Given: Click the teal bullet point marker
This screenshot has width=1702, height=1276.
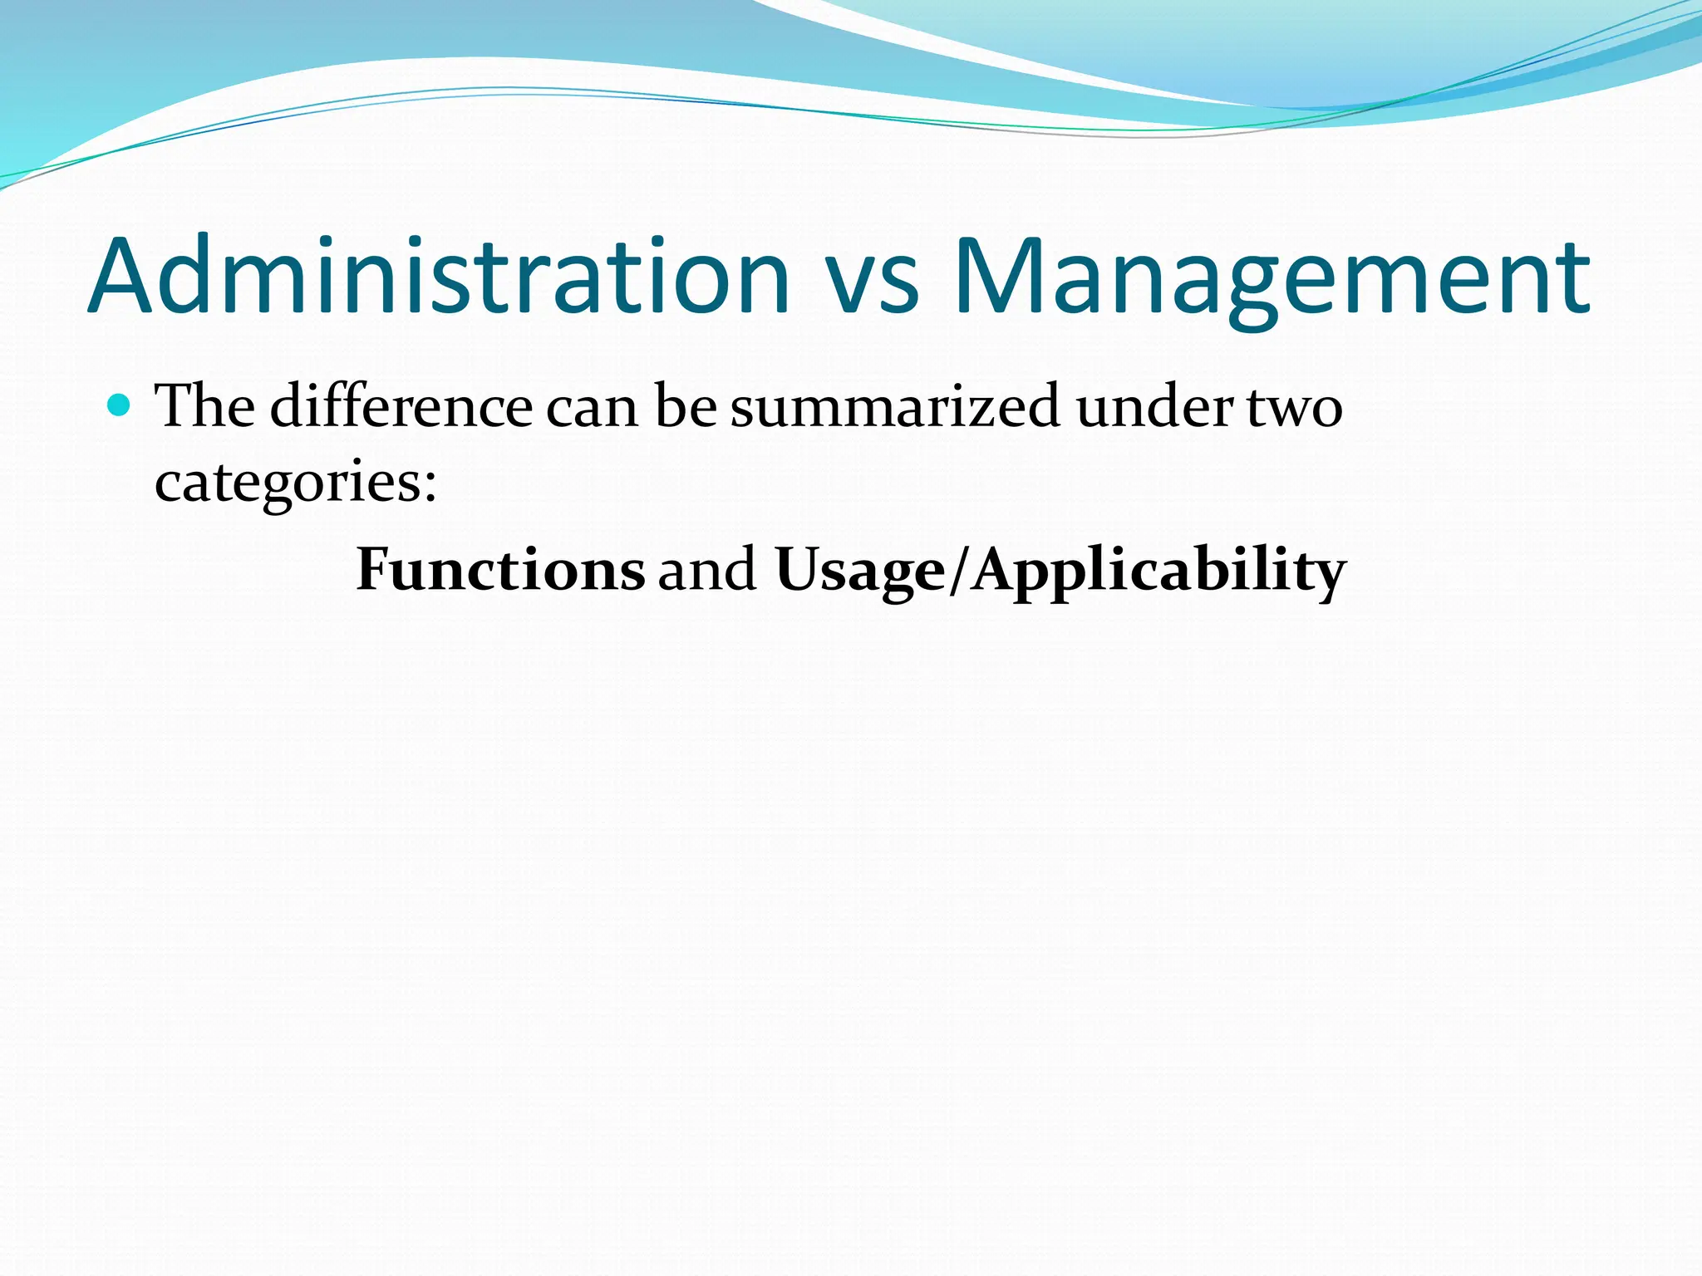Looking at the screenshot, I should tap(120, 405).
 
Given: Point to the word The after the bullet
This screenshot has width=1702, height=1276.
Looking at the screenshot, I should tap(205, 406).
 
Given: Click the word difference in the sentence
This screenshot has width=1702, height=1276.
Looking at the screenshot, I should tap(401, 406).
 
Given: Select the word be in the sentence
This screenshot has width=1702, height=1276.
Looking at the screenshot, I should tap(686, 406).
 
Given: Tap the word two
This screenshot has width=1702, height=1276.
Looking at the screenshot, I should tap(1295, 409).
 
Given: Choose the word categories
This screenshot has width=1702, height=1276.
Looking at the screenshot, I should tap(288, 482).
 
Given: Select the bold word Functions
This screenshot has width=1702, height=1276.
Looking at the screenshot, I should tap(500, 570).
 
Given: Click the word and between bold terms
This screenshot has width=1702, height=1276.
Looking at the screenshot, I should tap(707, 570).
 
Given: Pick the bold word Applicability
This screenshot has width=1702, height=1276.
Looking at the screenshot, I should tap(1158, 572).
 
